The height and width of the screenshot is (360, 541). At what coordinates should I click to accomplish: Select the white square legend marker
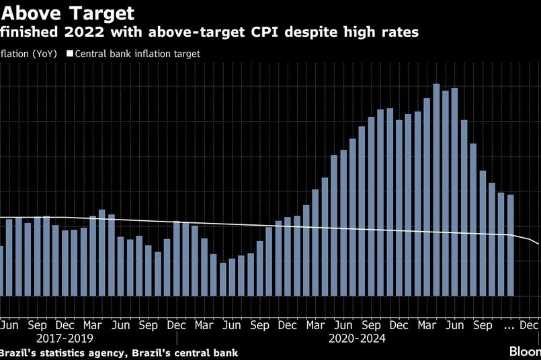pyautogui.click(x=69, y=54)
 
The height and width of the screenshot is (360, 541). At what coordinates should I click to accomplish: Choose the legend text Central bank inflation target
pyautogui.click(x=138, y=54)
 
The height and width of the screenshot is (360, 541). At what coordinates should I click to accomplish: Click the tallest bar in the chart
pyautogui.click(x=436, y=189)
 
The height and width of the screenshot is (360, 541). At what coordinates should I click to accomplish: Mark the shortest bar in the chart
pyautogui.click(x=223, y=279)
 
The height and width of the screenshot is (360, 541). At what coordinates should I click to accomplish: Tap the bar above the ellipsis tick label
pyautogui.click(x=510, y=245)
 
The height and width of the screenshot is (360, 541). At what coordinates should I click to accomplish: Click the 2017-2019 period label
pyautogui.click(x=65, y=339)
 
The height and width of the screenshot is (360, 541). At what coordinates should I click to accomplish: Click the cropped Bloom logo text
pyautogui.click(x=524, y=351)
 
